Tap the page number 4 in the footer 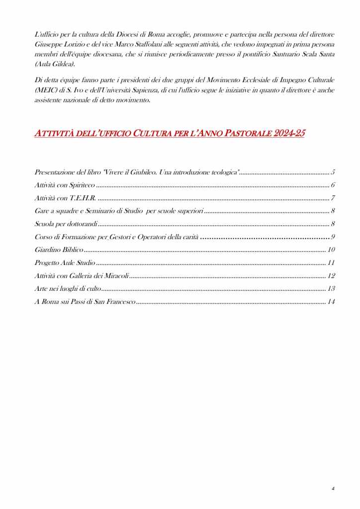click(333, 489)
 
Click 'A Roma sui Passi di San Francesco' click(85, 301)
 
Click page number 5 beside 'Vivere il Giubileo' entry click(333, 172)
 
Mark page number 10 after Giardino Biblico click(332, 250)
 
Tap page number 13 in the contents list click(331, 288)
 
